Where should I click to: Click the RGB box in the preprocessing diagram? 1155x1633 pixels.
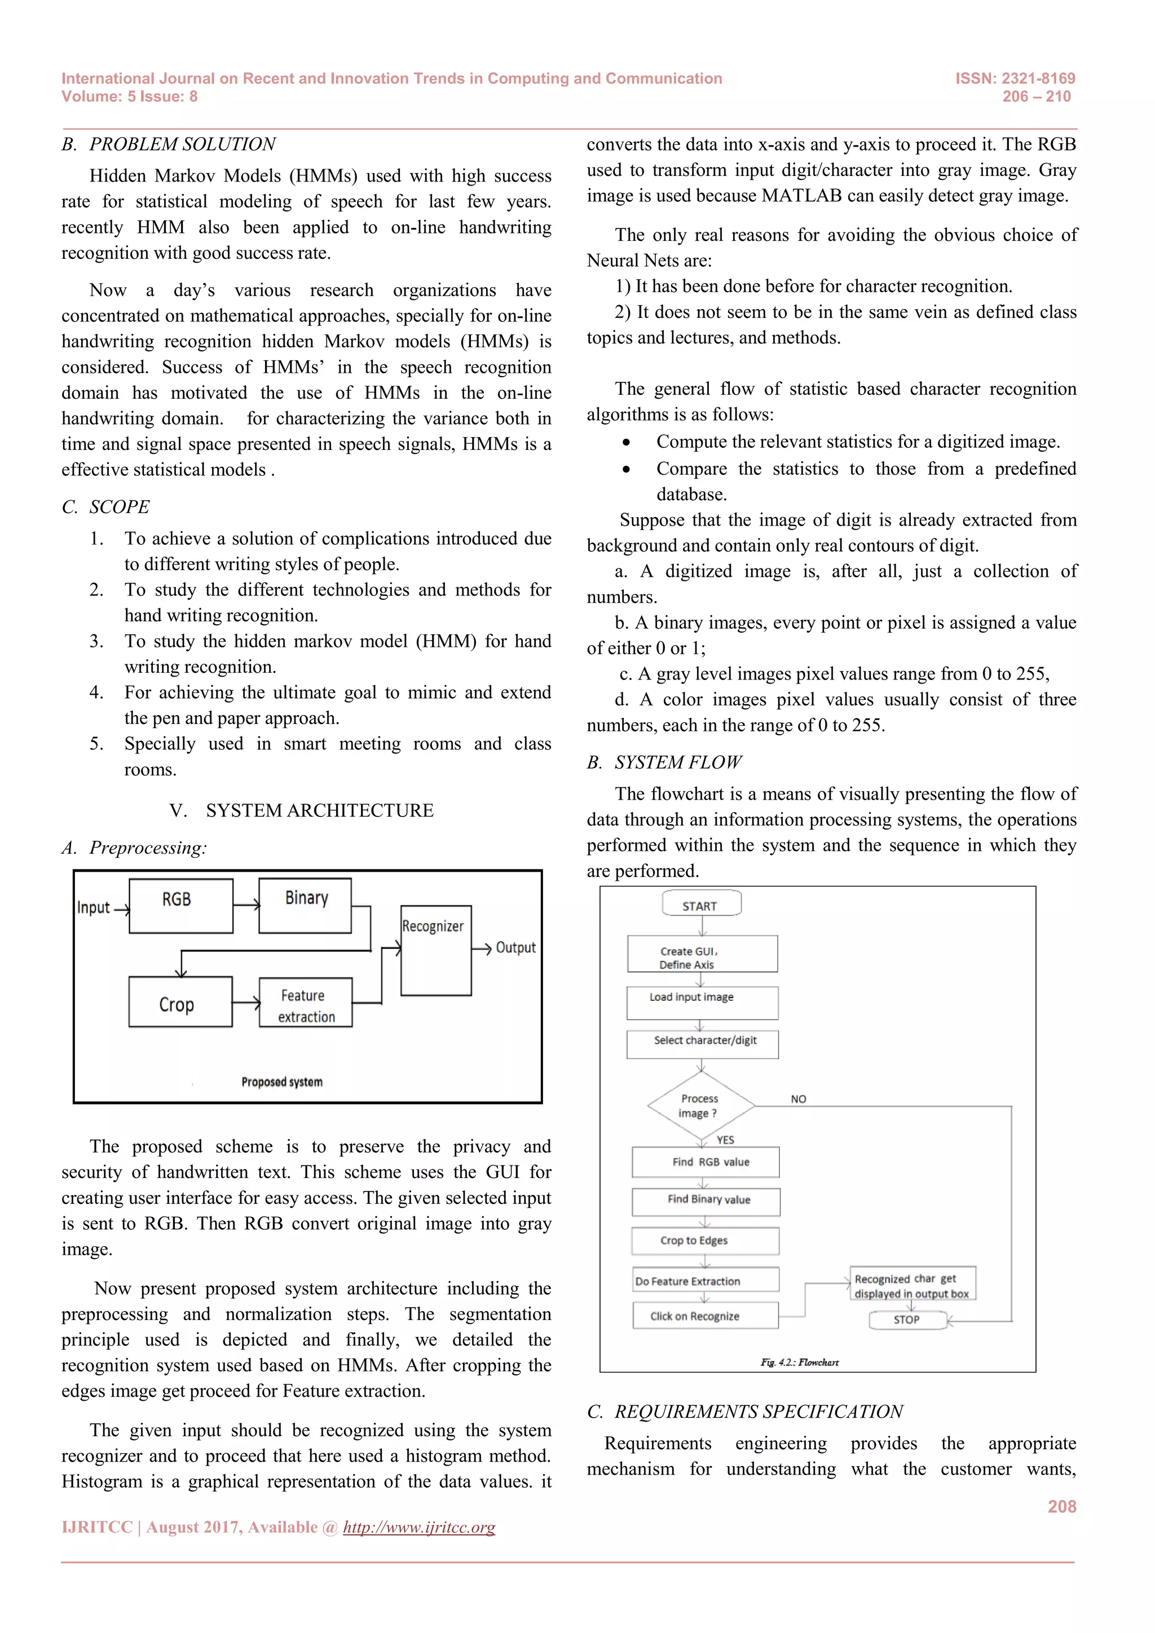pos(180,906)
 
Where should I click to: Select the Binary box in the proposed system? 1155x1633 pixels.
pos(305,906)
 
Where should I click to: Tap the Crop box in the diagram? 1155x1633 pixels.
pos(180,1001)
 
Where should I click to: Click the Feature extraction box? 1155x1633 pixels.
pos(306,1002)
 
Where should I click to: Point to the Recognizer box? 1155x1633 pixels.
pos(435,950)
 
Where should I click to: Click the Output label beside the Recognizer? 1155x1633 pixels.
pos(515,947)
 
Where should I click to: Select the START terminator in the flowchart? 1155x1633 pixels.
pos(701,904)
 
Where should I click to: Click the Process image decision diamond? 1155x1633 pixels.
pos(700,1106)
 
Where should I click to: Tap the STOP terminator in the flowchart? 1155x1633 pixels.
pos(907,1320)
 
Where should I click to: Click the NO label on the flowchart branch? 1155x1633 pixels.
pos(799,1099)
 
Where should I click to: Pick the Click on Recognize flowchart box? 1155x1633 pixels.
pos(705,1316)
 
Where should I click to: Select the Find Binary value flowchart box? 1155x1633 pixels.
pos(706,1201)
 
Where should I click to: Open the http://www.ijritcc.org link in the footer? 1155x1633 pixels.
pos(419,1527)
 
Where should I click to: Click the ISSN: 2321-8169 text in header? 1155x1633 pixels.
pos(1015,78)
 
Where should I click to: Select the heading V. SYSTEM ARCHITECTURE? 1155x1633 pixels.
pos(302,810)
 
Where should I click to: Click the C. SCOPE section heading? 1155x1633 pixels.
pos(106,506)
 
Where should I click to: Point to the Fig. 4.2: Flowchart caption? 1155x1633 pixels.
pos(799,1362)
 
